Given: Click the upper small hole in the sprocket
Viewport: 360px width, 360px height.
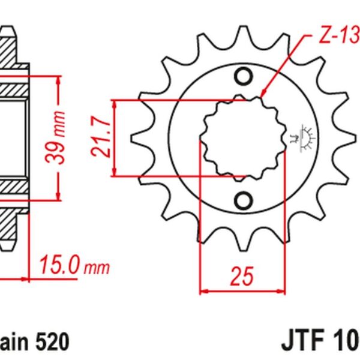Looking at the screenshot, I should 243,76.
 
